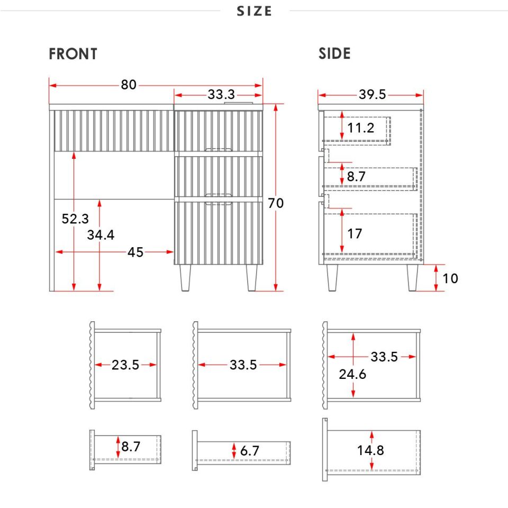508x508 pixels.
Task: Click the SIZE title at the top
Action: point(254,11)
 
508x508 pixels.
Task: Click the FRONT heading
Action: point(73,54)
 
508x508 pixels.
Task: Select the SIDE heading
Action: point(334,53)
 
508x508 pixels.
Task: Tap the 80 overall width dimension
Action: point(129,85)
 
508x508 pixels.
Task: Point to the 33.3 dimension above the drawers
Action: point(221,95)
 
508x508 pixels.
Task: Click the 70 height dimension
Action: point(276,203)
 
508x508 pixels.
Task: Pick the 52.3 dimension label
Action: point(75,219)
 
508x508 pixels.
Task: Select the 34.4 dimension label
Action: point(101,235)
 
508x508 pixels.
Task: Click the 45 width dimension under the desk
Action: point(135,252)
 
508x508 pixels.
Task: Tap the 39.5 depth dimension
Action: point(372,95)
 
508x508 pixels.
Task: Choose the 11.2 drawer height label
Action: point(360,128)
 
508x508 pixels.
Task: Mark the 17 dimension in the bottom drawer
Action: point(355,233)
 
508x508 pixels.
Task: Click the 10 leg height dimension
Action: point(450,278)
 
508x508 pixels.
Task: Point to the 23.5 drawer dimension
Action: point(125,365)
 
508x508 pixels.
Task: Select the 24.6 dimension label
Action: point(352,374)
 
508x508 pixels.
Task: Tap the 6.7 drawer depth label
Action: point(249,451)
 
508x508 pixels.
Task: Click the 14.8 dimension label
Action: point(370,450)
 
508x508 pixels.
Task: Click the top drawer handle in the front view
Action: point(219,150)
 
